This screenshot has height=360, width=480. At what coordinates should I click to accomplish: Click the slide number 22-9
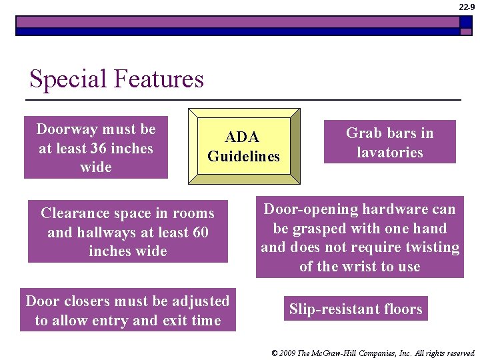467,7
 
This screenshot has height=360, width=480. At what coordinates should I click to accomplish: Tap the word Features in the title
159,79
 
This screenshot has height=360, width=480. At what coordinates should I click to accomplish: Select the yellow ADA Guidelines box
244,146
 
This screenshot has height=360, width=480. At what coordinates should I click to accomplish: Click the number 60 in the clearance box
199,233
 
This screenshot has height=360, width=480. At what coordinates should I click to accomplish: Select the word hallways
110,233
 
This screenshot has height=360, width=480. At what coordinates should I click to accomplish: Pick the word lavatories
390,153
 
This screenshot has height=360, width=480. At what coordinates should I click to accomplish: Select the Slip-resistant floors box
355,309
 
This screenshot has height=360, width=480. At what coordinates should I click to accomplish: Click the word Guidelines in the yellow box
244,157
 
